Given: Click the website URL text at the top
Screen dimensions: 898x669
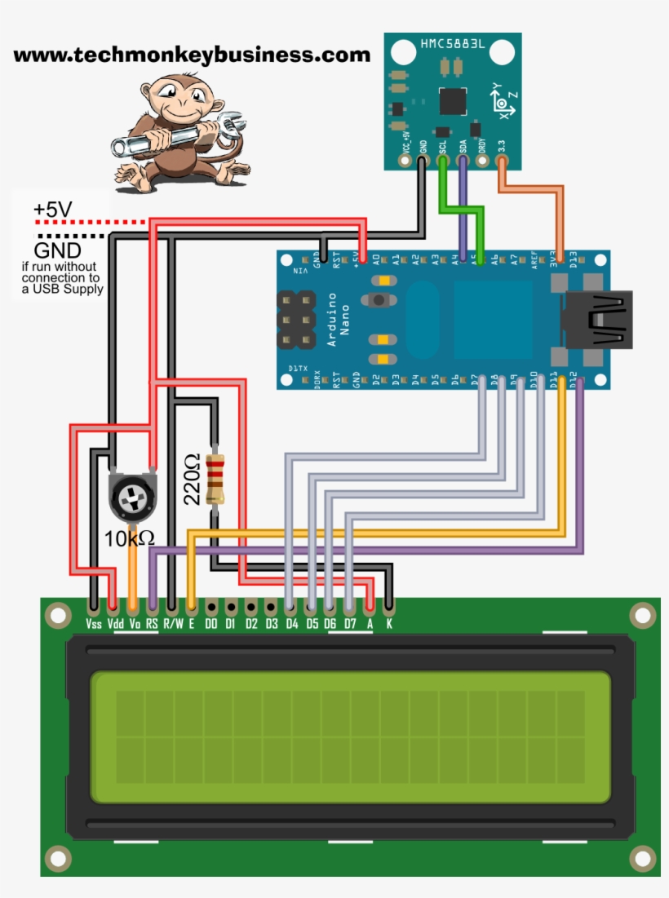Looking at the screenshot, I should point(192,55).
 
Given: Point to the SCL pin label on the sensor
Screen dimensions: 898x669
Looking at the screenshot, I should point(442,147).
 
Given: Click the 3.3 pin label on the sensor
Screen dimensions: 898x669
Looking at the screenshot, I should point(501,146).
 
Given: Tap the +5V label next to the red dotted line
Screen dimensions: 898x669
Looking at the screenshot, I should point(52,210).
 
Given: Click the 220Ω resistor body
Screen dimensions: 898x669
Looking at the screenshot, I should point(215,480).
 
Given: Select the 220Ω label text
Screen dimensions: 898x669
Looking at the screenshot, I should point(192,479).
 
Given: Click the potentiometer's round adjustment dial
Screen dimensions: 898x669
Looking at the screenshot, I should point(131,497).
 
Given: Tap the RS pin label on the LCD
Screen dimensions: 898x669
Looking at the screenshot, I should point(152,625).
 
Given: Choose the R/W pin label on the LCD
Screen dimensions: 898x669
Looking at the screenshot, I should point(172,625).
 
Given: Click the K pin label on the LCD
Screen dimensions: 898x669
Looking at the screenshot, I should point(389,625).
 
